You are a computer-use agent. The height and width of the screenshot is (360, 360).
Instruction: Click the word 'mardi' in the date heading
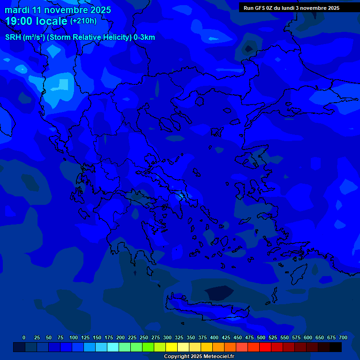tap(17, 10)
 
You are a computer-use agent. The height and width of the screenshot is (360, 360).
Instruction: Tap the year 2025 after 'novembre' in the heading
tap(100, 10)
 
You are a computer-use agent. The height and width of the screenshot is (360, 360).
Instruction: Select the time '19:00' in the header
tap(19, 21)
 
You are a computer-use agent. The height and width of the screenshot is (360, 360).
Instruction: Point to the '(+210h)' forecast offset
tap(83, 21)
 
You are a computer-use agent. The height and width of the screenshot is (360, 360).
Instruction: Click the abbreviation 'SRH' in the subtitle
tap(13, 37)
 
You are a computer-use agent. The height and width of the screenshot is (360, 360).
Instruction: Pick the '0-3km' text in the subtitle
tap(144, 37)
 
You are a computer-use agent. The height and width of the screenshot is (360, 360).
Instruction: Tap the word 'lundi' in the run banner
tap(290, 8)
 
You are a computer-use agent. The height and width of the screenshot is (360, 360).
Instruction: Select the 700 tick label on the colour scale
tap(343, 337)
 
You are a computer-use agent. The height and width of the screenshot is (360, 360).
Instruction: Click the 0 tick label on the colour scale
tap(24, 337)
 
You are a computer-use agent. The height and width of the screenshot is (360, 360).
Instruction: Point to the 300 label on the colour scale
tap(167, 337)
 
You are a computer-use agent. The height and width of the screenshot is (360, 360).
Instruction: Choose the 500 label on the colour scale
tap(261, 337)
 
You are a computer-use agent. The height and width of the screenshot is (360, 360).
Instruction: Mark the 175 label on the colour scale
tap(109, 337)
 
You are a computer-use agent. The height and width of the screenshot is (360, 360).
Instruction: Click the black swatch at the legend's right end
tap(336, 347)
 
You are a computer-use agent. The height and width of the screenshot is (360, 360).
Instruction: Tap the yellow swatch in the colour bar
tap(172, 347)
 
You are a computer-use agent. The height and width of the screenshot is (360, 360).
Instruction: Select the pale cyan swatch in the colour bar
tap(113, 347)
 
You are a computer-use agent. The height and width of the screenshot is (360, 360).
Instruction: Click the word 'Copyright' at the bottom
tap(176, 357)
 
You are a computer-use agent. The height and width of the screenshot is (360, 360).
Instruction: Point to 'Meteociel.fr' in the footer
tap(218, 357)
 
